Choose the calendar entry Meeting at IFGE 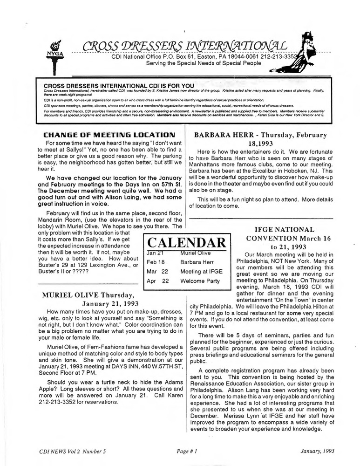pyautogui.click(x=202, y=271)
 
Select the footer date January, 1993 pyautogui.click(x=307, y=452)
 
